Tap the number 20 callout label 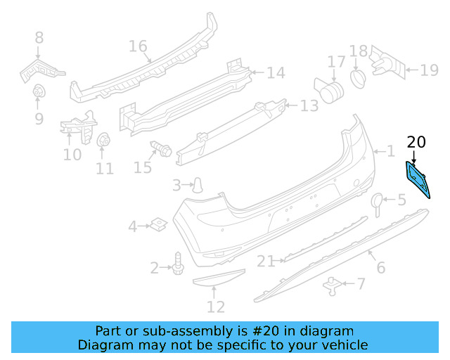tap(416, 143)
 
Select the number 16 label tap(138, 47)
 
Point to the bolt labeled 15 tap(161, 149)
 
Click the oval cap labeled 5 tap(378, 202)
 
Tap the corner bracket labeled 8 tap(41, 67)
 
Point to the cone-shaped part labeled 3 tap(200, 185)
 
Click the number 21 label tap(266, 262)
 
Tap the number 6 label tap(380, 267)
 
